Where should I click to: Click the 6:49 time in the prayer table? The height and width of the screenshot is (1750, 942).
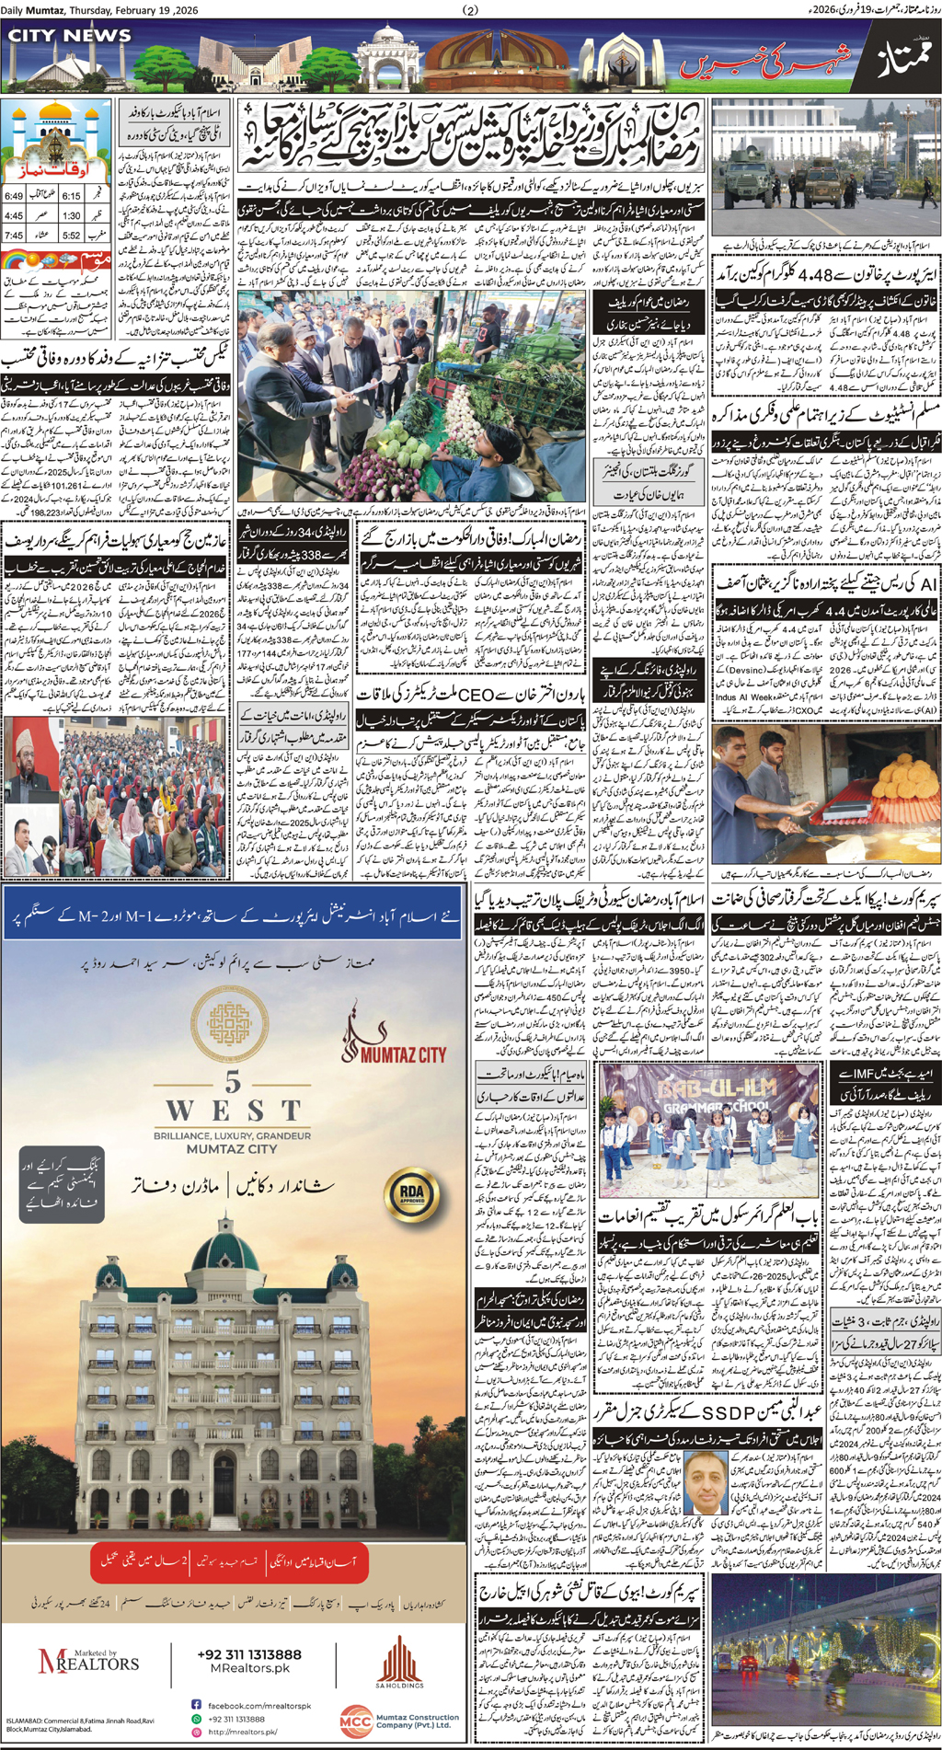pyautogui.click(x=13, y=196)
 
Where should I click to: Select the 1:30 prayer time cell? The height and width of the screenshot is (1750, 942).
pyautogui.click(x=71, y=215)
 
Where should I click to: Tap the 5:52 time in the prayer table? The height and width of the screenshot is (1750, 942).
pyautogui.click(x=71, y=236)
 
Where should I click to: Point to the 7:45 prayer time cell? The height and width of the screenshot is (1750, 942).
pyautogui.click(x=13, y=236)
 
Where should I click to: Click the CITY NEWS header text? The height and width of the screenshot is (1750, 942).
pyautogui.click(x=70, y=36)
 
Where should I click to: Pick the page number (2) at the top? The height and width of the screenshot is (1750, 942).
pyautogui.click(x=471, y=10)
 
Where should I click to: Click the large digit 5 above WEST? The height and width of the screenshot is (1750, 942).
pyautogui.click(x=233, y=1083)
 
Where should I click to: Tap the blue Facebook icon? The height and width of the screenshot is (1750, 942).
pyautogui.click(x=196, y=1705)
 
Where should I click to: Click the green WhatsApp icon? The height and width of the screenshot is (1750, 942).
pyautogui.click(x=196, y=1718)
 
